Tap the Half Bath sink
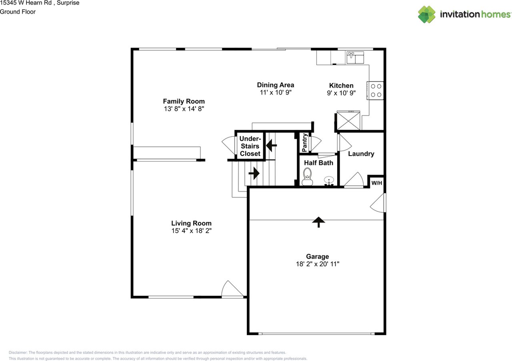click(x=329, y=181)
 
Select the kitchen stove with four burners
click(x=376, y=90)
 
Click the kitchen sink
click(x=355, y=57)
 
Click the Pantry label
click(x=305, y=143)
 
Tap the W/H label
click(x=377, y=183)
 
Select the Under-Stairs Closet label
click(x=250, y=146)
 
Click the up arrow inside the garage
click(x=318, y=222)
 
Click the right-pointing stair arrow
click(x=254, y=173)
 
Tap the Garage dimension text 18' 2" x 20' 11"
click(x=318, y=264)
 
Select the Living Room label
click(x=191, y=223)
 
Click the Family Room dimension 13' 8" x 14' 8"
click(x=184, y=109)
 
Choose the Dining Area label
click(x=275, y=85)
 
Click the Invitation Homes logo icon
click(x=427, y=14)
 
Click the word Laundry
click(x=361, y=154)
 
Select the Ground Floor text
click(x=18, y=12)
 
